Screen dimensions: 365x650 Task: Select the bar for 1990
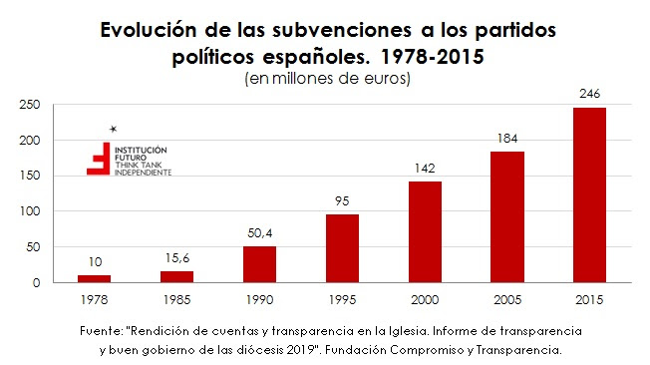pos(259,264)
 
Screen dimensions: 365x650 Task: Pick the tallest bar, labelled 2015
pos(588,194)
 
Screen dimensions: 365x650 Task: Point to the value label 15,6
pos(177,259)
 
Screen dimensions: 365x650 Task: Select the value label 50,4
pos(259,234)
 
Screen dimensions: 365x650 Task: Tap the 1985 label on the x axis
pos(176,297)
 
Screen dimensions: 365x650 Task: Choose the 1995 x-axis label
pos(341,297)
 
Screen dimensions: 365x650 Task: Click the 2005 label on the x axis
pos(506,297)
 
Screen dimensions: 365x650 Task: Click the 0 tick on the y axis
pos(35,283)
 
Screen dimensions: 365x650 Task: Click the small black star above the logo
pos(114,129)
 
